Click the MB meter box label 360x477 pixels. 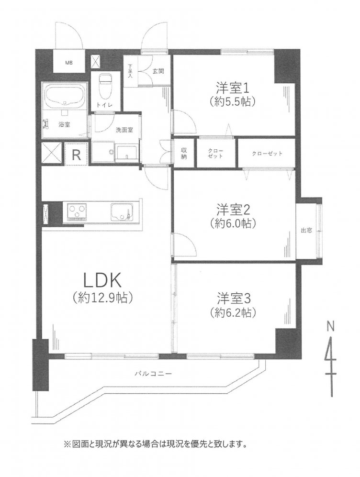(x=69, y=63)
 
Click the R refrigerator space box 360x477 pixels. (x=76, y=154)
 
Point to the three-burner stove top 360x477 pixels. (x=75, y=211)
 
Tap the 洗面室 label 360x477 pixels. (x=124, y=130)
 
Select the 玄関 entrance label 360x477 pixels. (x=158, y=71)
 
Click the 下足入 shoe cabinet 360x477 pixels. (x=131, y=71)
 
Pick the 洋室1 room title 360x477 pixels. (x=233, y=88)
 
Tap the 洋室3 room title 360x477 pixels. (x=233, y=299)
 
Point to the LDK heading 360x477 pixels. (x=102, y=280)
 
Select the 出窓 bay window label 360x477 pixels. (x=306, y=230)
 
